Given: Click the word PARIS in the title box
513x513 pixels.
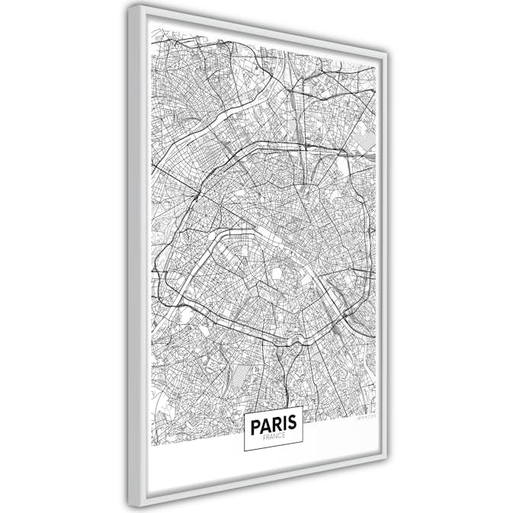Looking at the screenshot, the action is (273, 423).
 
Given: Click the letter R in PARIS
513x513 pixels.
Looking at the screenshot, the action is (274, 423).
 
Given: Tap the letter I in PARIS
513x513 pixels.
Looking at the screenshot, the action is (282, 423).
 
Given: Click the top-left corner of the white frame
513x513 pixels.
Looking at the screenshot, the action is (130, 6).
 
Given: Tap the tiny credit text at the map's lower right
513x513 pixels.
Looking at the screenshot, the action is (365, 417).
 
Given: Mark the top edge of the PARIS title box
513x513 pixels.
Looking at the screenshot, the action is (273, 409).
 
